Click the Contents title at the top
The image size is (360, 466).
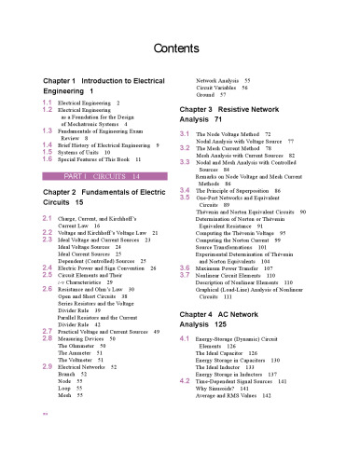[180, 48]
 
